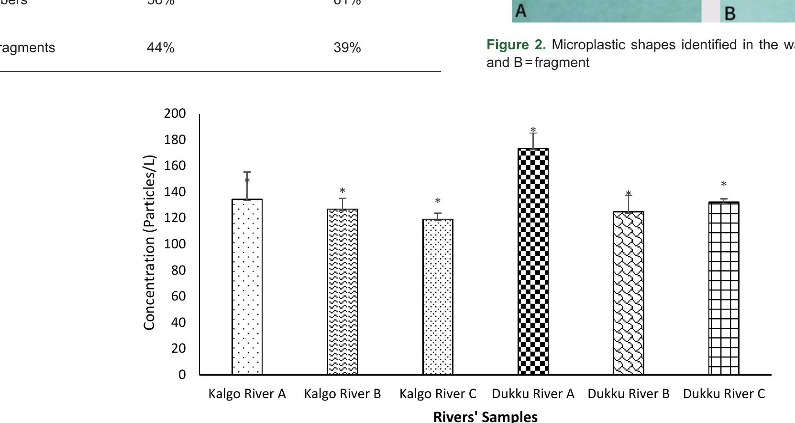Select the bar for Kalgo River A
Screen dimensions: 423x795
point(247,287)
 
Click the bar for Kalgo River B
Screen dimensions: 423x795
point(342,291)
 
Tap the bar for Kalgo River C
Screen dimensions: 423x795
point(438,297)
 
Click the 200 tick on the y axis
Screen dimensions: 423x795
point(175,113)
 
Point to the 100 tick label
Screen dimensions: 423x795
point(175,244)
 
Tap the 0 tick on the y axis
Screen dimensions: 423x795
point(182,375)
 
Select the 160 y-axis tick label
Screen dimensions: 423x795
point(175,166)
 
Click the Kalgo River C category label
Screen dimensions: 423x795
point(438,394)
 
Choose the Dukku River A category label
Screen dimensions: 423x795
point(533,394)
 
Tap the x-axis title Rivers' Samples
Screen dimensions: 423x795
point(485,416)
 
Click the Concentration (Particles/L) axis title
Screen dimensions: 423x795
point(150,242)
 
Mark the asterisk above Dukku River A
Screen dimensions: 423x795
point(533,130)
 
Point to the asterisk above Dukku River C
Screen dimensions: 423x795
point(724,184)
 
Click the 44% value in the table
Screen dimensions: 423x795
point(161,48)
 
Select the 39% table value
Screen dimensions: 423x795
point(347,48)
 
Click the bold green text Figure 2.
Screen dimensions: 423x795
point(516,45)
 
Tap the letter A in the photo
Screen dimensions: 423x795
point(521,11)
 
